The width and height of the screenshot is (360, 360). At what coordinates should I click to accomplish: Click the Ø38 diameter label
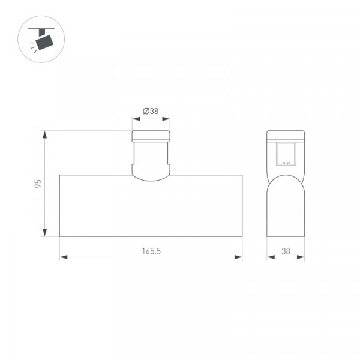[151, 111]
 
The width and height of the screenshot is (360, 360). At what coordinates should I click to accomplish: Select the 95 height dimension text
[38, 184]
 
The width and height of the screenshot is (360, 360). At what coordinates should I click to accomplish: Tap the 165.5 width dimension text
[151, 251]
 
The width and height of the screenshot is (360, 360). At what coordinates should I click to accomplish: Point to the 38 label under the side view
[286, 251]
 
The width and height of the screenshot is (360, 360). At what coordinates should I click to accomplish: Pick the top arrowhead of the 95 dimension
[45, 134]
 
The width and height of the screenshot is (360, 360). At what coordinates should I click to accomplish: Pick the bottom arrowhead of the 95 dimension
[45, 232]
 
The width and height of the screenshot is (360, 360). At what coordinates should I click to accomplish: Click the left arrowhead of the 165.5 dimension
[64, 257]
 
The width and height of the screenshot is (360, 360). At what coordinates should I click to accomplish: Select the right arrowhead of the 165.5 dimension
[238, 257]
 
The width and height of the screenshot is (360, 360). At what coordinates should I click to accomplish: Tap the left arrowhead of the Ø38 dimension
[136, 119]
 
